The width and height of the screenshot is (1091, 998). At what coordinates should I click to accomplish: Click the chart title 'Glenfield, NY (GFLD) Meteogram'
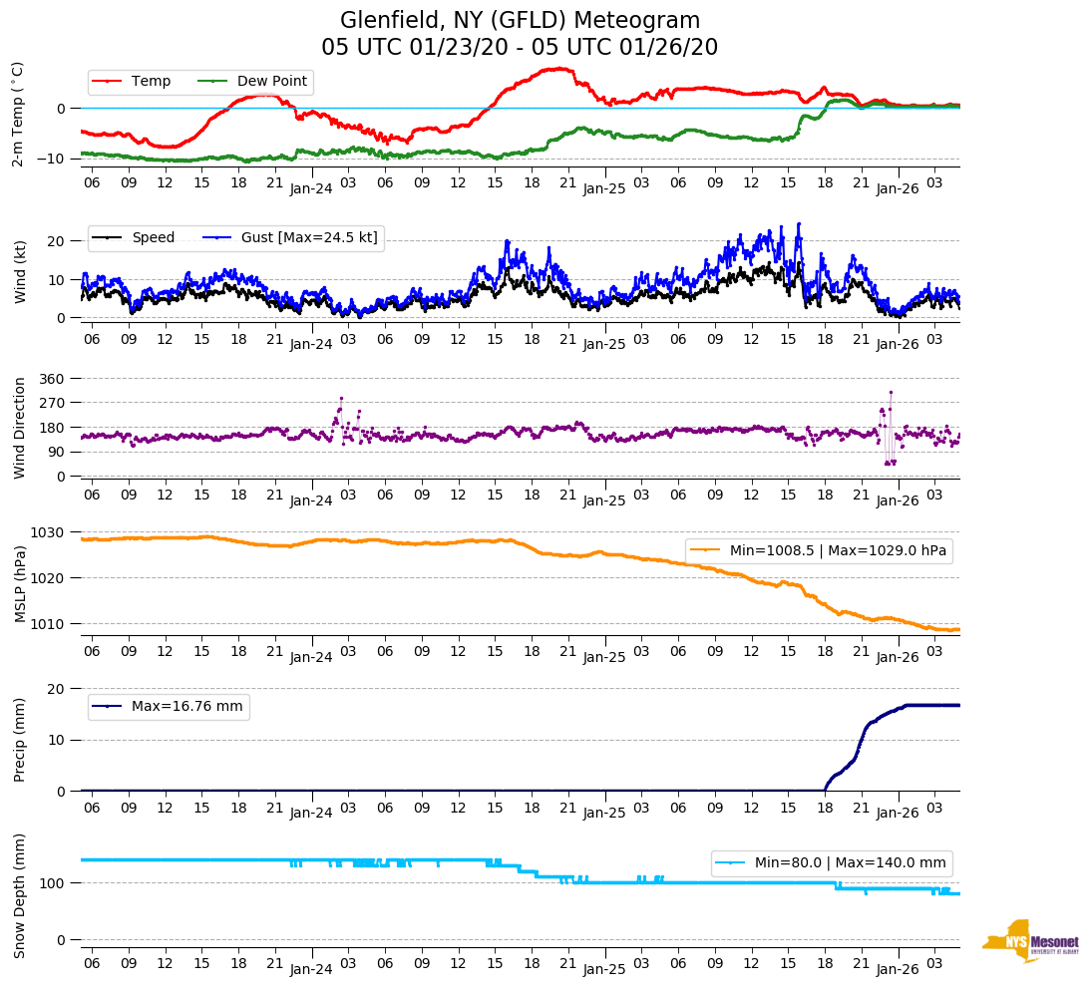pos(520,21)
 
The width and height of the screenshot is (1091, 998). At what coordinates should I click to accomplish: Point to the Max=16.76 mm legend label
pos(186,707)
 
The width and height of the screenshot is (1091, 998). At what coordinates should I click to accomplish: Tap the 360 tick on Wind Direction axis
pos(52,379)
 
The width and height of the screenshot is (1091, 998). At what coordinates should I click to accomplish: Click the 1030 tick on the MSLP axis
pos(49,532)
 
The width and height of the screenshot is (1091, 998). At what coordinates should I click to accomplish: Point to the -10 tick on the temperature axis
pos(54,159)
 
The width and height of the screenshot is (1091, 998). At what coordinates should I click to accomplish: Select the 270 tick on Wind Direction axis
pos(52,403)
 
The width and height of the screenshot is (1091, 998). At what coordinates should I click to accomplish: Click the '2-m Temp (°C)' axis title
pos(18,114)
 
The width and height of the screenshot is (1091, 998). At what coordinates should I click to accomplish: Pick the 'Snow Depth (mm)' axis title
pos(19,896)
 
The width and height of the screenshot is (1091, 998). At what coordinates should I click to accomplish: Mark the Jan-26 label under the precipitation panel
pos(897,813)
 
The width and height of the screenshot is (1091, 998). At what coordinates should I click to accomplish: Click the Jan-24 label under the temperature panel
pos(311,187)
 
